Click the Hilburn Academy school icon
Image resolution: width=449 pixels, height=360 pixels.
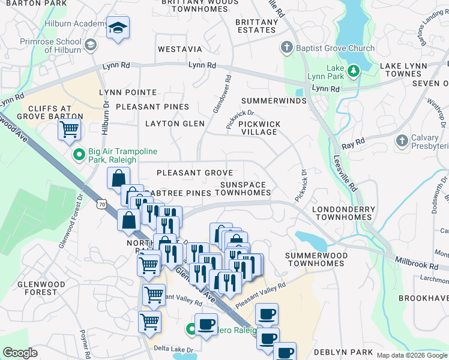[118, 28]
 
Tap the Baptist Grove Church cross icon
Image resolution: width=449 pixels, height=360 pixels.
[287, 47]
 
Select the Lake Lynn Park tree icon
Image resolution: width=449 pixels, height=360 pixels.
[354, 71]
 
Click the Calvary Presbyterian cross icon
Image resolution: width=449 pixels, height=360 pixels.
[402, 140]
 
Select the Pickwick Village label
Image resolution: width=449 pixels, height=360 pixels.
[259, 128]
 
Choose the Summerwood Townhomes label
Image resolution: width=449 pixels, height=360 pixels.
[316, 259]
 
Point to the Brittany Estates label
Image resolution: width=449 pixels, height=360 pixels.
[257, 26]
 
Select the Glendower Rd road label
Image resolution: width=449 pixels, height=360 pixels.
[221, 93]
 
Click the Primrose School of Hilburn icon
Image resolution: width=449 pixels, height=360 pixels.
[91, 45]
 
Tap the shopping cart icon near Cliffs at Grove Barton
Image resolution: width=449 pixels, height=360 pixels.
[70, 129]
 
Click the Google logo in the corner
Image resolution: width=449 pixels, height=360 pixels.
[20, 352]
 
